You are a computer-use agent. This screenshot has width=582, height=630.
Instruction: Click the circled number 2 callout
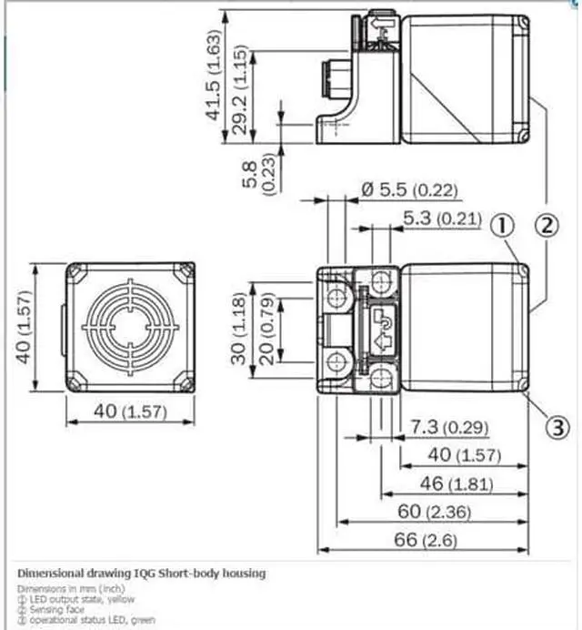pos(545,224)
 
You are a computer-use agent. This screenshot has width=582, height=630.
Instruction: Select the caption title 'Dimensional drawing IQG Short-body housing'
pos(142,573)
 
